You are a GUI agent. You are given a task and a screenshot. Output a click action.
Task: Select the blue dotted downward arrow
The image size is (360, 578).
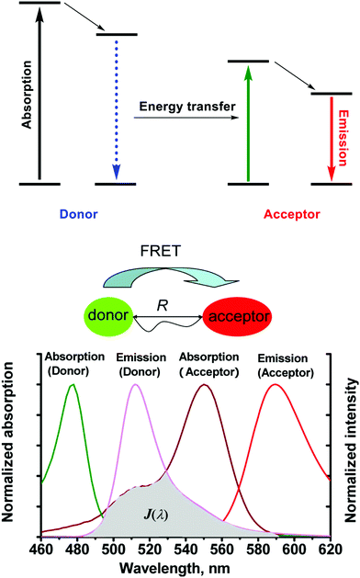tap(116, 110)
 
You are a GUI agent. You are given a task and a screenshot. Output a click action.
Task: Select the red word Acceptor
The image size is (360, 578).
tap(289, 213)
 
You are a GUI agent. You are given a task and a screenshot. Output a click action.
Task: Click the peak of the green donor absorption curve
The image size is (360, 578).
tap(72, 384)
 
